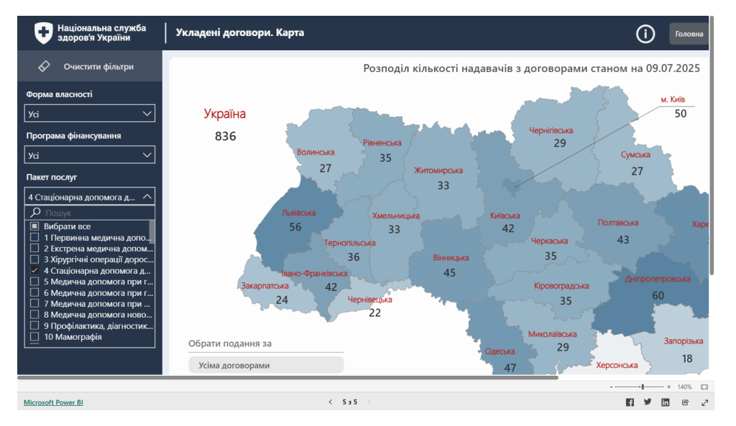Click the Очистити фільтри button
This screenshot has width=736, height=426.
[90, 67]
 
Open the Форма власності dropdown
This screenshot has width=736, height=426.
[90, 114]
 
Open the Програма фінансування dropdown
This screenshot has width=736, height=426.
[90, 155]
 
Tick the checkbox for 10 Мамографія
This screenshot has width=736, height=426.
[34, 337]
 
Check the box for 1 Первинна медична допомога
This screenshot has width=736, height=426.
[34, 237]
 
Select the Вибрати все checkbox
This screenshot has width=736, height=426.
[34, 226]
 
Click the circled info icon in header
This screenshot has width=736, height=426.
[645, 34]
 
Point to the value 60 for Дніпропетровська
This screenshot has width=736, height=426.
[658, 295]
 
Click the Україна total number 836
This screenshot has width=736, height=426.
[225, 136]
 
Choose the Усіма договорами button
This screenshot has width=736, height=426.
[266, 365]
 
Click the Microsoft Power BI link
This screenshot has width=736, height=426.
[53, 402]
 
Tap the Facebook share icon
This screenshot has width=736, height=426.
[630, 402]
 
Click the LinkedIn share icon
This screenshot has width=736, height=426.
[666, 402]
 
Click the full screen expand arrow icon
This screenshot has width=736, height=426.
[704, 402]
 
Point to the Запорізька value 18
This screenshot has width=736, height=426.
[687, 358]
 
